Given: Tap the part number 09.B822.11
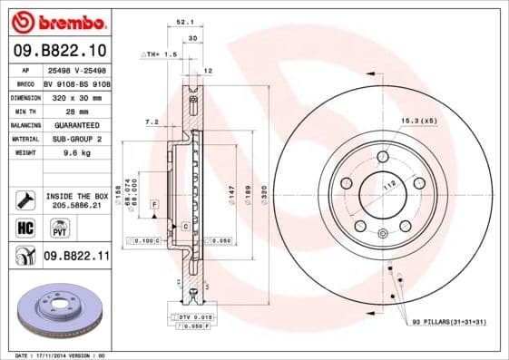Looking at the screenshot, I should point(77,257).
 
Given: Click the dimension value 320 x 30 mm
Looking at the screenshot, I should point(76,96).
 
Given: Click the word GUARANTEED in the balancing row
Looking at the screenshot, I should point(76,124).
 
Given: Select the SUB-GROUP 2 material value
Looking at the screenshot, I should point(76,139).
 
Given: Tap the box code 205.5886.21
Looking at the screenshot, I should point(76,205).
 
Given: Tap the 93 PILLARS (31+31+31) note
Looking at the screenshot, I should point(448,323).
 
